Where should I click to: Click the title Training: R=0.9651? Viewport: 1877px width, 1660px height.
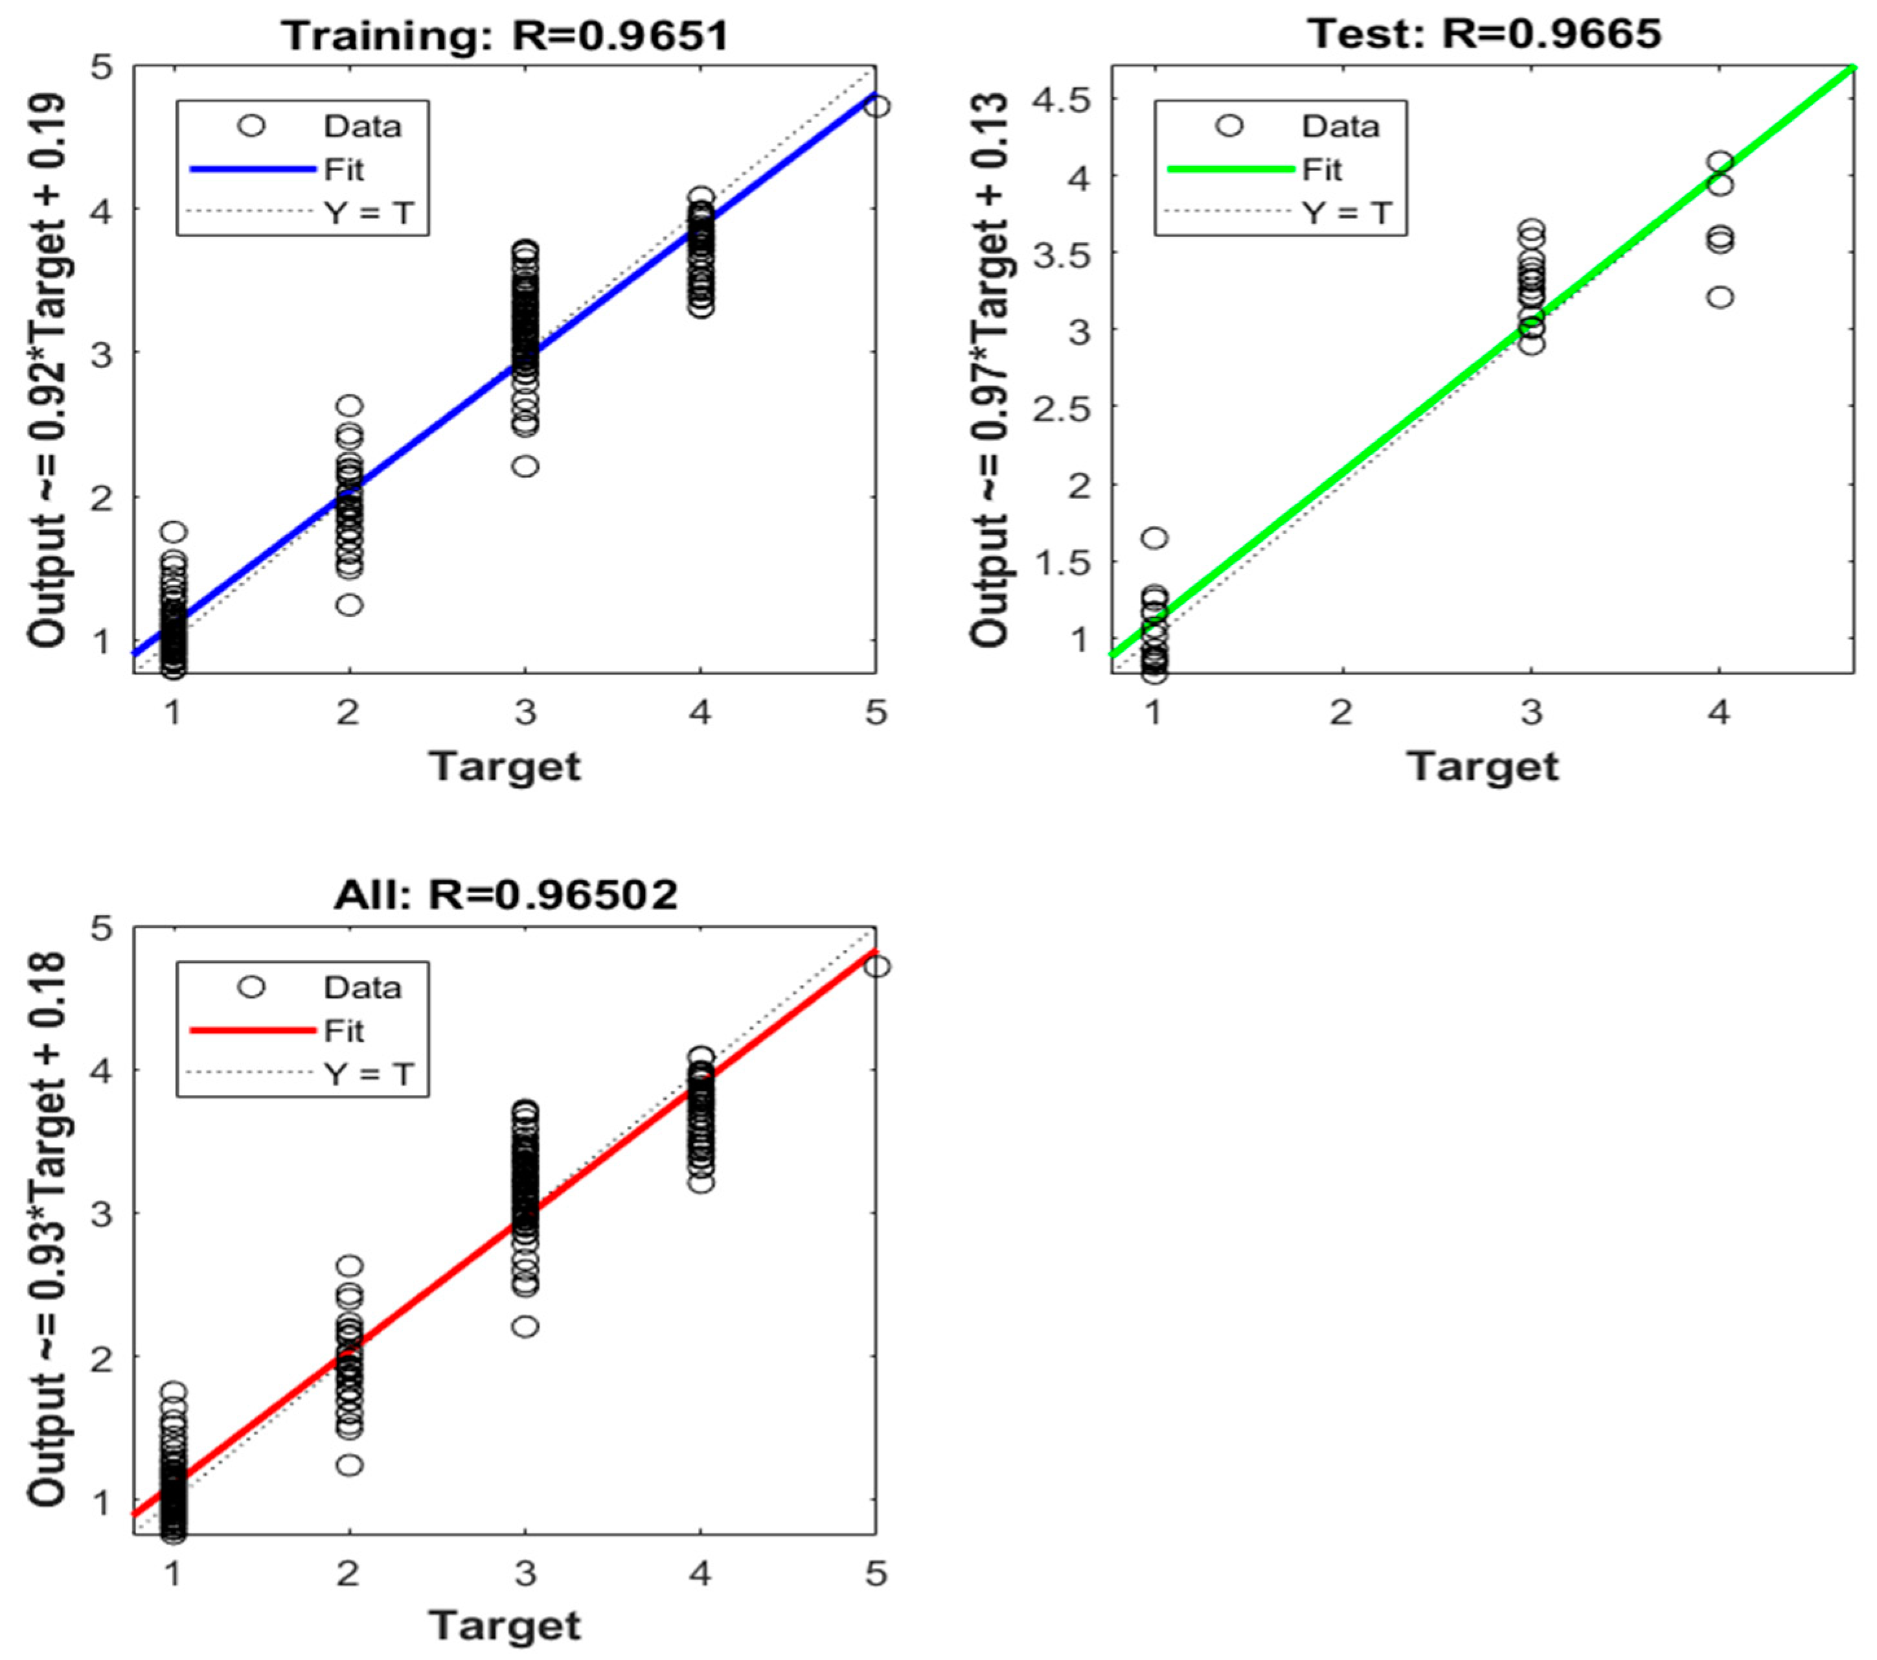(x=506, y=36)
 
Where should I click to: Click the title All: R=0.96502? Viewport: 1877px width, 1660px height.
(x=506, y=894)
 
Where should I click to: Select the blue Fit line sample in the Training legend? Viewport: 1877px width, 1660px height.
(x=253, y=169)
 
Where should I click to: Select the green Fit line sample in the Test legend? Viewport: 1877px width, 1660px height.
(x=1231, y=169)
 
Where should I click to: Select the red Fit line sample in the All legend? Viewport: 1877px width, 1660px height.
(x=253, y=1030)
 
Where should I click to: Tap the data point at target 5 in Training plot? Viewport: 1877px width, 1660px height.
(x=877, y=106)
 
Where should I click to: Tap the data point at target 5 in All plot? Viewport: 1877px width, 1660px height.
(x=877, y=967)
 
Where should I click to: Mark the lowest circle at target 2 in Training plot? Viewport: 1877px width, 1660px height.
(x=349, y=605)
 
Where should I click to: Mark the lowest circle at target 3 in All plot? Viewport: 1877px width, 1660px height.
(x=525, y=1326)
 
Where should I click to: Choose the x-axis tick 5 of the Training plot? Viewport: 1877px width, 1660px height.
(x=876, y=712)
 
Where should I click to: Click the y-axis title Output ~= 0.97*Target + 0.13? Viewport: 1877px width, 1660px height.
(x=992, y=367)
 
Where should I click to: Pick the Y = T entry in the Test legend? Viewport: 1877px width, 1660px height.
(x=1347, y=213)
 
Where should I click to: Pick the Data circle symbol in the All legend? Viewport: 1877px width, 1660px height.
(x=251, y=987)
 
